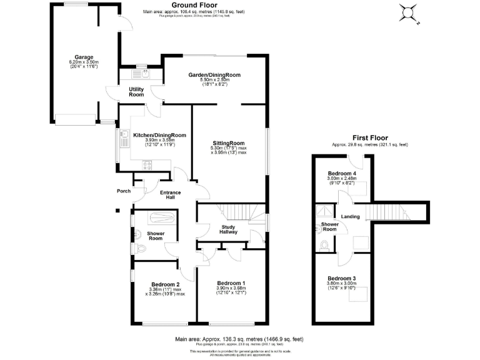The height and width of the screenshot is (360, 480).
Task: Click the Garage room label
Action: tap(79, 56)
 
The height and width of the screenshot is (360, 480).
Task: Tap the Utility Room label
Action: tap(136, 92)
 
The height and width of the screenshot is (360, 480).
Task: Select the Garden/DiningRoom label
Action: tap(214, 75)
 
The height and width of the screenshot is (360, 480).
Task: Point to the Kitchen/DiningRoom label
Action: tap(160, 135)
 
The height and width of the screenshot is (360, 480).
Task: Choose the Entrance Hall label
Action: tap(170, 194)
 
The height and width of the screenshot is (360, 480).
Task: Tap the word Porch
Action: tap(123, 191)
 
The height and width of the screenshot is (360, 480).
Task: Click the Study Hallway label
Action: tap(228, 229)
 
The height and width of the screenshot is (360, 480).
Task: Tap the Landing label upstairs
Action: tap(350, 217)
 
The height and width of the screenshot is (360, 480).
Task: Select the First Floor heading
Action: tap(369, 138)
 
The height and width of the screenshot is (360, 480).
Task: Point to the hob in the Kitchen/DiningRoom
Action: tap(149, 165)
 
